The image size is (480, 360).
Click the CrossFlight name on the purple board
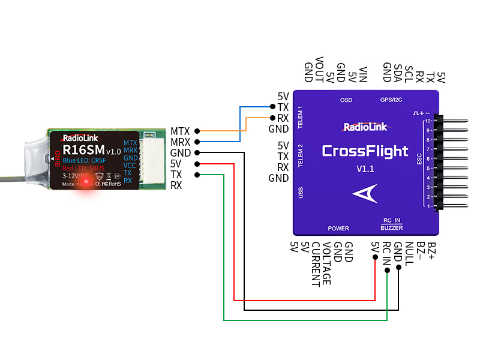[x=365, y=151]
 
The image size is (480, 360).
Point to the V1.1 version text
[x=365, y=169]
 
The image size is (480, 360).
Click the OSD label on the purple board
[x=346, y=100]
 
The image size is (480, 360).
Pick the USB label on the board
[x=301, y=193]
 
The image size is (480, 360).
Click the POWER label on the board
[x=338, y=229]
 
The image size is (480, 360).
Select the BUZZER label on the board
[x=392, y=229]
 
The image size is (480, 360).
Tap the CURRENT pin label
[x=315, y=264]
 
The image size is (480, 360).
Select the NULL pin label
[x=409, y=253]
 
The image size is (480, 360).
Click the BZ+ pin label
[x=431, y=251]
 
